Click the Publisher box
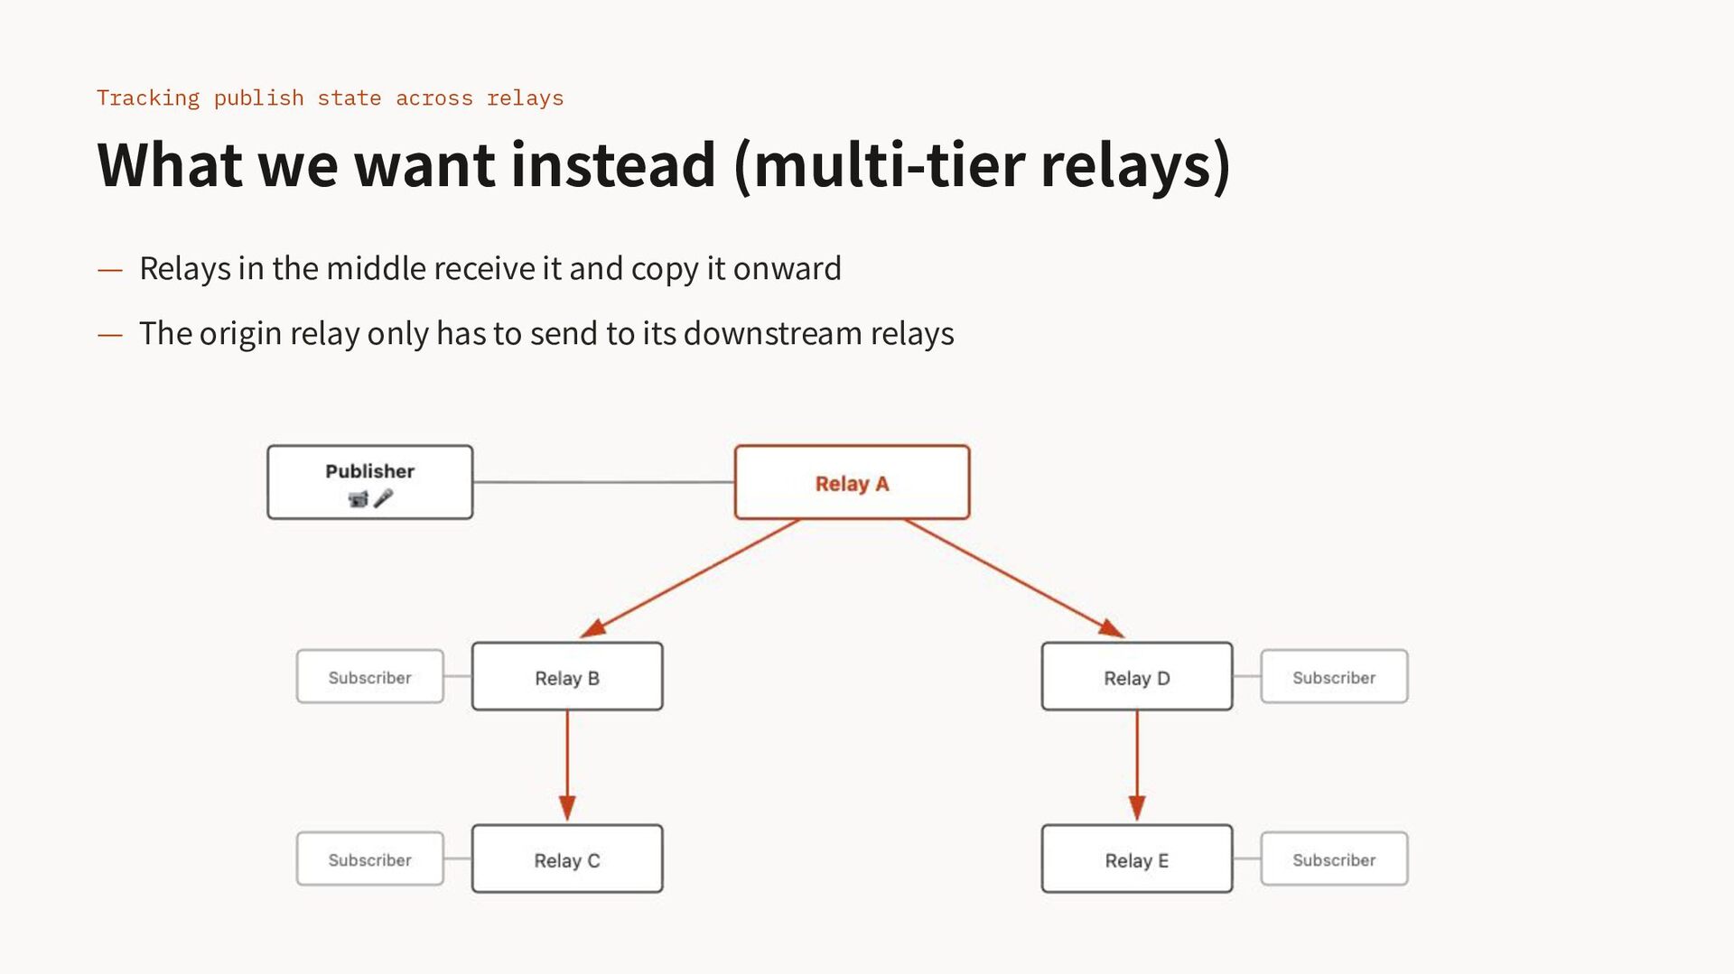tap(370, 482)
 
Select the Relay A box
tap(852, 482)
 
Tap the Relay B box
tap(567, 676)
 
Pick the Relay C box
tap(567, 858)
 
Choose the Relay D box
tap(1137, 676)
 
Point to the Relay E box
tap(1137, 858)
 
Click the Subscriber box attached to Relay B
tap(370, 676)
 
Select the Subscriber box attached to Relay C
tap(370, 858)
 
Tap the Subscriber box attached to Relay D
tap(1334, 676)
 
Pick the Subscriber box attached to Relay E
tap(1334, 858)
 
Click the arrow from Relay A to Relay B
tap(690, 579)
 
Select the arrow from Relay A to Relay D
tap(1014, 579)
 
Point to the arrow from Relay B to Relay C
tap(567, 765)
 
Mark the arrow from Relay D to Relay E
tap(1137, 765)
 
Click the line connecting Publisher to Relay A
tap(604, 482)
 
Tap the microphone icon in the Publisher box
tap(384, 498)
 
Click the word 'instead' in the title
tap(613, 164)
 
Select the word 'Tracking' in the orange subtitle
tap(148, 97)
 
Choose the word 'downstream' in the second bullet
tap(773, 333)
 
